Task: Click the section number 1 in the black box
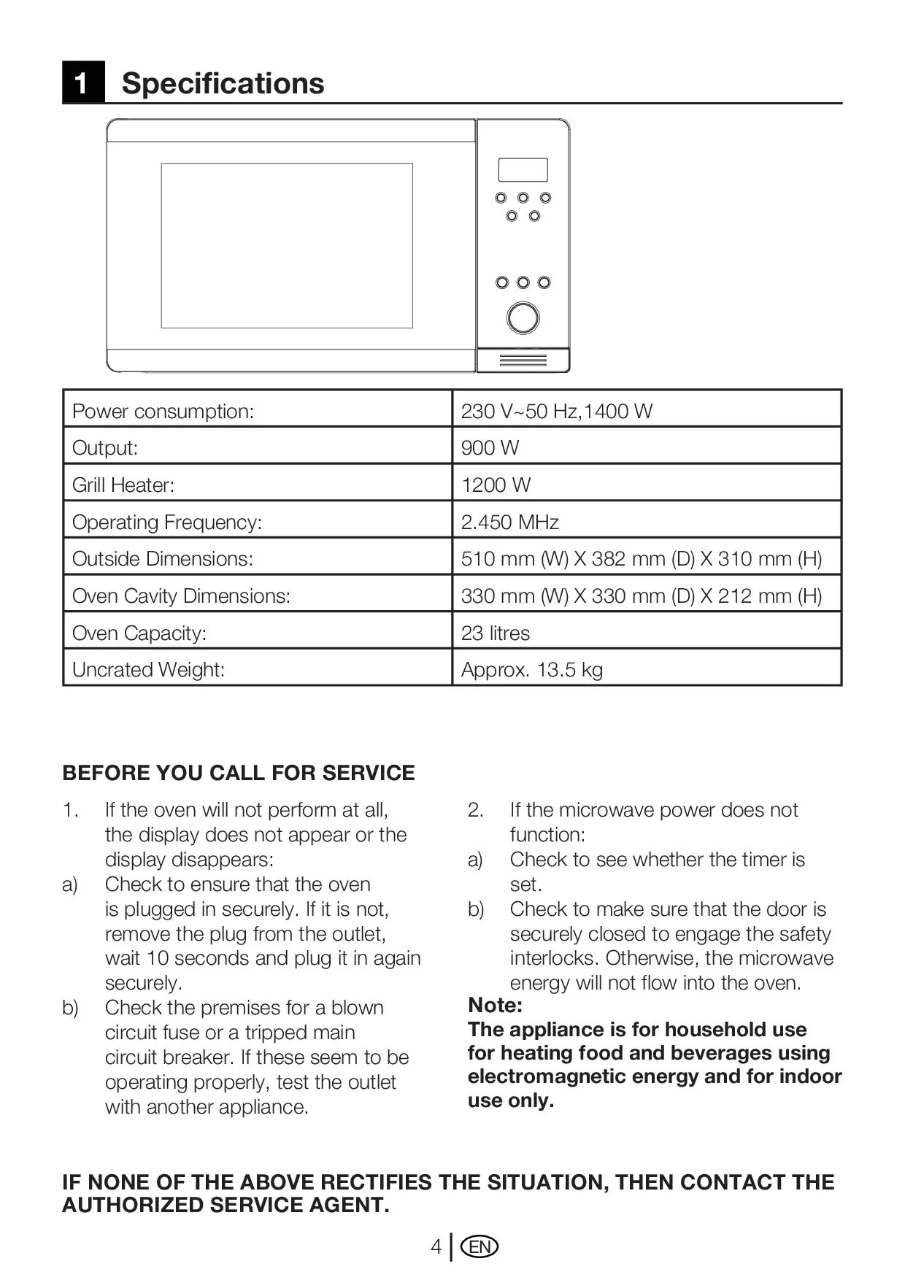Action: point(82,82)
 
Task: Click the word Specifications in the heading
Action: point(223,83)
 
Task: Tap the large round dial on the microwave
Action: point(523,318)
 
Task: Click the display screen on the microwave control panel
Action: point(523,170)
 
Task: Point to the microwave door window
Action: point(287,246)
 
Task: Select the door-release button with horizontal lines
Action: point(523,361)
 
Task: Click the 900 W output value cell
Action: point(490,447)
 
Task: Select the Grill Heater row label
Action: point(123,485)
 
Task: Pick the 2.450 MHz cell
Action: point(509,522)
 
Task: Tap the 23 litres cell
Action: point(495,633)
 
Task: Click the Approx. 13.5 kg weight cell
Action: point(531,669)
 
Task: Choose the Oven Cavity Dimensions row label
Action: point(181,595)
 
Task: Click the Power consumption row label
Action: point(163,411)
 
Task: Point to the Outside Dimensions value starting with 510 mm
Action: point(641,558)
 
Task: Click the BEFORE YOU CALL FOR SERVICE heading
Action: point(239,773)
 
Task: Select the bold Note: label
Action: point(495,1005)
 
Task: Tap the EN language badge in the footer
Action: point(480,1246)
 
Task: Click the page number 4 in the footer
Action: point(436,1246)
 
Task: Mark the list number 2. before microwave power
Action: point(475,810)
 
